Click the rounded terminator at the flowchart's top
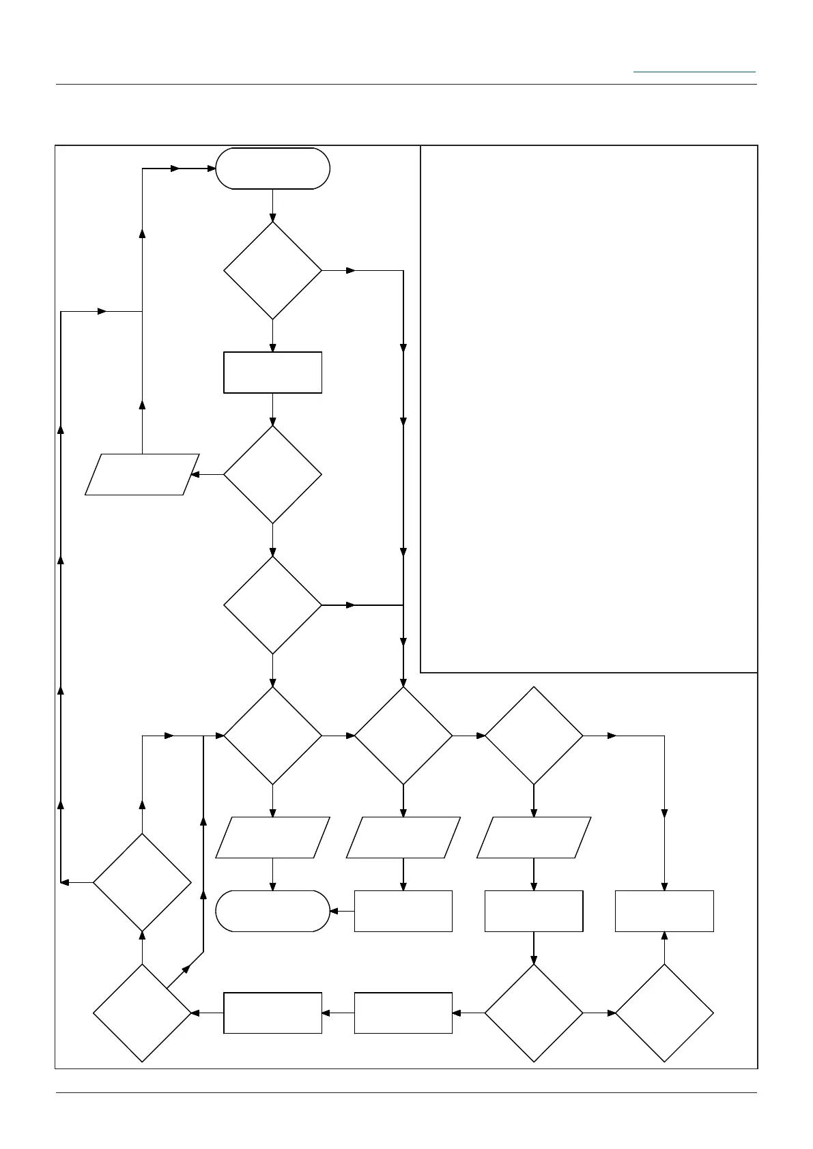272,169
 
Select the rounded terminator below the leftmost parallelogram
272,911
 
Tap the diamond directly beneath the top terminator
272,270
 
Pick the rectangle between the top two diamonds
272,373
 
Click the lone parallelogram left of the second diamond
142,474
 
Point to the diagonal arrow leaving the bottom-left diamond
184,970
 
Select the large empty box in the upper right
588,409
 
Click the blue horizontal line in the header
694,72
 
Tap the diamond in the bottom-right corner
664,1013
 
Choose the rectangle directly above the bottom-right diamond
664,911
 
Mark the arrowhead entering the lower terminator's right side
334,911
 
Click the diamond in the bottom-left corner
142,1013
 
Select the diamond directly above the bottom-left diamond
142,883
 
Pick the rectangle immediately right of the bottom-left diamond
272,1013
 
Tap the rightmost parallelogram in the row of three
534,837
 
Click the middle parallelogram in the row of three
403,837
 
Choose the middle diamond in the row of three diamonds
403,736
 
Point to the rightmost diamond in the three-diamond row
534,736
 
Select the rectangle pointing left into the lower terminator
403,911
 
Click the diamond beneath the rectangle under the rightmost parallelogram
534,1013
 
